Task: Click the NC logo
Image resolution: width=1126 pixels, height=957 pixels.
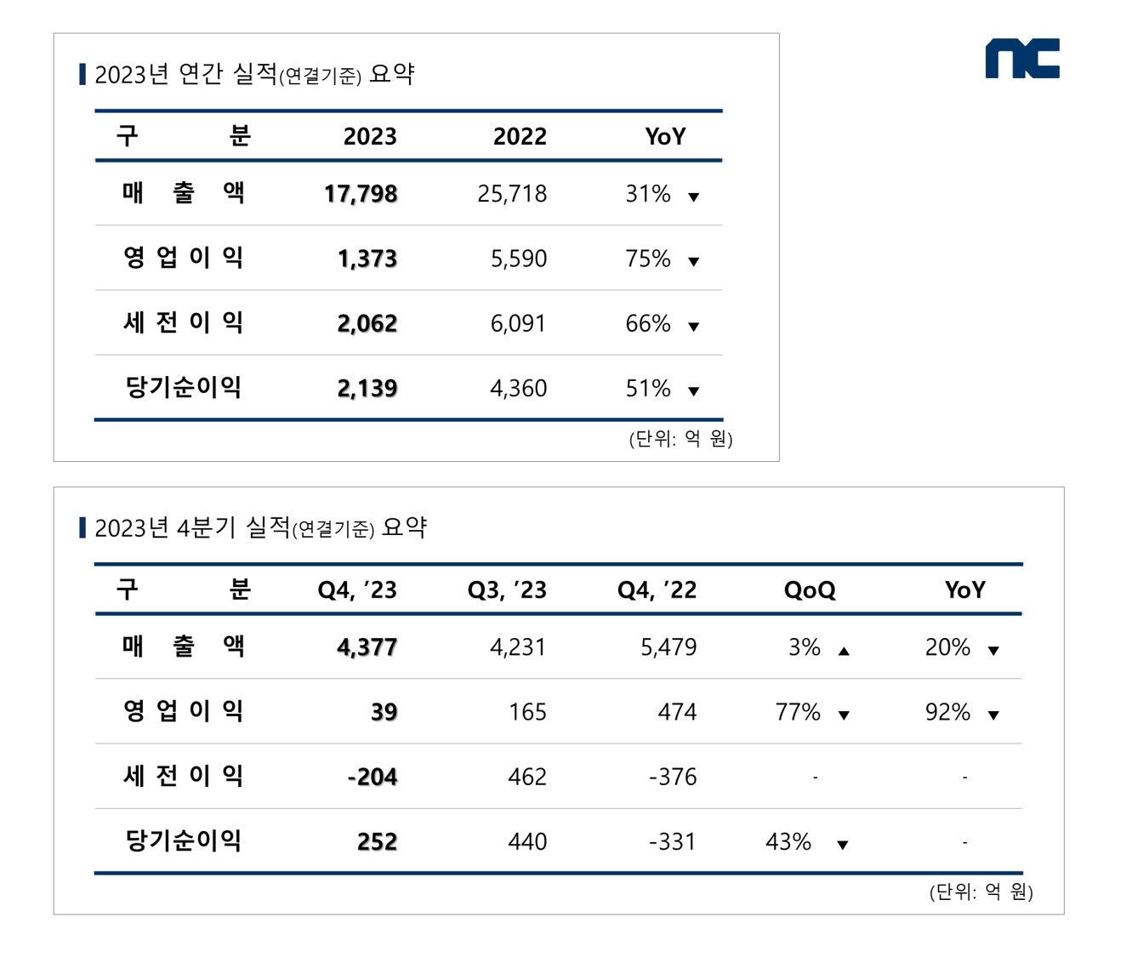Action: tap(1021, 59)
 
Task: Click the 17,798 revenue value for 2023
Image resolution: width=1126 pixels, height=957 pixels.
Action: tap(361, 194)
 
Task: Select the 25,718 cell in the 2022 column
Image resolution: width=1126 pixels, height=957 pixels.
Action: tap(512, 194)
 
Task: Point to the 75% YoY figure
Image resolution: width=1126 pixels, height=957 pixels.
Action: tap(648, 259)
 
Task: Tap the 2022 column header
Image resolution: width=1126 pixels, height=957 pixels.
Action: tap(520, 136)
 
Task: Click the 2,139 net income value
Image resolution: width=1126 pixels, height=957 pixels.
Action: tap(367, 388)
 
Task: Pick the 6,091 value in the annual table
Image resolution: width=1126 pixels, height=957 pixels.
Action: tap(518, 323)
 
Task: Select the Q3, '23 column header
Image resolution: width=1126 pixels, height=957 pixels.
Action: tap(507, 590)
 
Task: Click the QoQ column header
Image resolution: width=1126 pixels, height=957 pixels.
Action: tap(810, 590)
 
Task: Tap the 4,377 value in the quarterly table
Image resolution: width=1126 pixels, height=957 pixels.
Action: tap(367, 647)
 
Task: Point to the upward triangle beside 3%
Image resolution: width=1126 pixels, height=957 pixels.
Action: tap(844, 651)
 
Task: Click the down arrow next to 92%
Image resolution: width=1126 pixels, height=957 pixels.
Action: tap(993, 715)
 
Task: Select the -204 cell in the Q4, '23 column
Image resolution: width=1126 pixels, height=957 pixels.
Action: tap(372, 777)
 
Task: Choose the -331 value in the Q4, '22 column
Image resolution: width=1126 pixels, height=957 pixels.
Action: tap(673, 841)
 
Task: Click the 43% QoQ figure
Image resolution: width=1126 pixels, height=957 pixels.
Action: tap(788, 841)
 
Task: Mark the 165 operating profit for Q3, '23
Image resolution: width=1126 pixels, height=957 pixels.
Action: tap(527, 712)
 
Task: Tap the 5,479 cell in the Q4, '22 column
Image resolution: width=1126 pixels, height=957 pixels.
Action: tap(668, 647)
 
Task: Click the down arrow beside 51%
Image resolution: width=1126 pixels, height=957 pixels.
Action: tap(694, 391)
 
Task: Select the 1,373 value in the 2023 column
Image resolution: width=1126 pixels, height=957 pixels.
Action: tap(367, 259)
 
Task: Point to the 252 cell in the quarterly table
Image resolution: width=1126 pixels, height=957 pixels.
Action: tap(377, 841)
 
